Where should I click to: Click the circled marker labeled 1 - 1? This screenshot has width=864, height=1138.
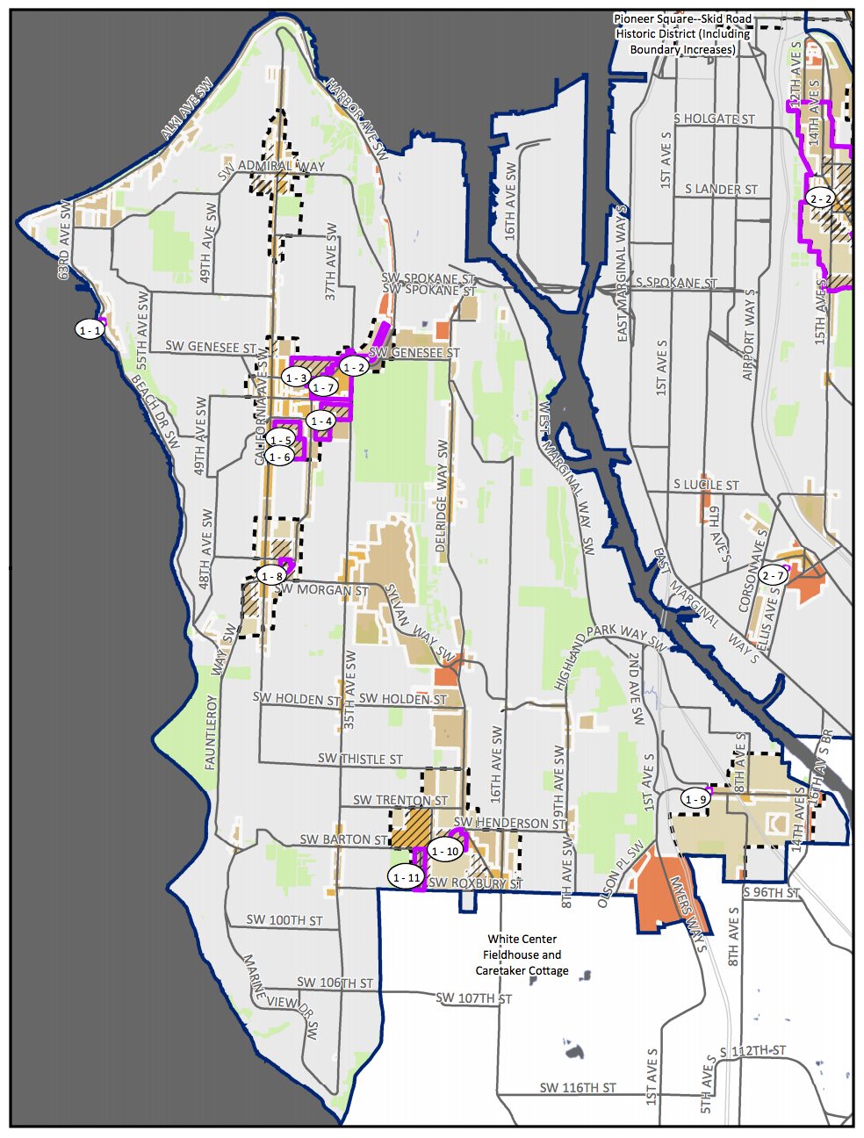click(90, 329)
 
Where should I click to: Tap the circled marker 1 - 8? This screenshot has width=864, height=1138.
click(271, 576)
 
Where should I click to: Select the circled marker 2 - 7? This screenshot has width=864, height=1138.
click(773, 575)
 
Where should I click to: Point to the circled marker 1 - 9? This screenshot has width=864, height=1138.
click(695, 799)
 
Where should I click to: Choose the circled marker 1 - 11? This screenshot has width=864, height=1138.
click(406, 876)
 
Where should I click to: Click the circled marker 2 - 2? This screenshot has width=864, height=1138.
click(820, 198)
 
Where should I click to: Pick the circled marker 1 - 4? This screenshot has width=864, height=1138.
click(321, 421)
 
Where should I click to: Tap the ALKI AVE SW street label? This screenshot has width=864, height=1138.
click(187, 109)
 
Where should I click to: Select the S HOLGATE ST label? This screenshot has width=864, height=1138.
click(714, 119)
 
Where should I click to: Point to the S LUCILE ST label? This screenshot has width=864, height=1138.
click(706, 485)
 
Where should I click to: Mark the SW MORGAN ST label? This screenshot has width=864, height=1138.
click(322, 590)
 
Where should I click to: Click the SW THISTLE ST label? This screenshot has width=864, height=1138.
click(360, 759)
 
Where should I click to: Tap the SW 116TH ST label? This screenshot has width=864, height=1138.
click(577, 1087)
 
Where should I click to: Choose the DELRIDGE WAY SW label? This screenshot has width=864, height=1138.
click(442, 496)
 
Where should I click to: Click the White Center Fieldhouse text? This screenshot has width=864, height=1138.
click(522, 954)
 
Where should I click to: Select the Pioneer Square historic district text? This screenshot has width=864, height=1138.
click(682, 34)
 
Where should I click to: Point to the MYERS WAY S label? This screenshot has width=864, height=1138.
click(688, 913)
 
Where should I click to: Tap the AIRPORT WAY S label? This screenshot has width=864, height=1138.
click(749, 335)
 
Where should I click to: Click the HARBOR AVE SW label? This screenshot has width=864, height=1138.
click(356, 119)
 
